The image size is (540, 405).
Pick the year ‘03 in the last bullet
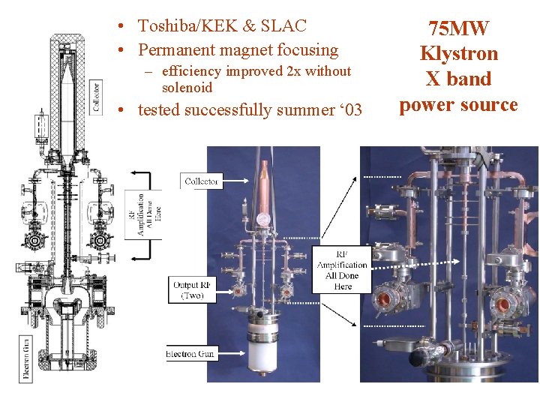(348, 110)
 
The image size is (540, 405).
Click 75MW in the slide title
(459, 28)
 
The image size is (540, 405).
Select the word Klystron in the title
(459, 54)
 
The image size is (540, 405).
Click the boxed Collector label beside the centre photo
(202, 181)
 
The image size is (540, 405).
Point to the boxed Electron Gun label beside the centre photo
(191, 353)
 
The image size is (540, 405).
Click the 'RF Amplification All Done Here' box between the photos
(342, 270)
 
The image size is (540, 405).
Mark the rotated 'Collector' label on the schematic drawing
(96, 97)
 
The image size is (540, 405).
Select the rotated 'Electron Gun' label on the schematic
(27, 358)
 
